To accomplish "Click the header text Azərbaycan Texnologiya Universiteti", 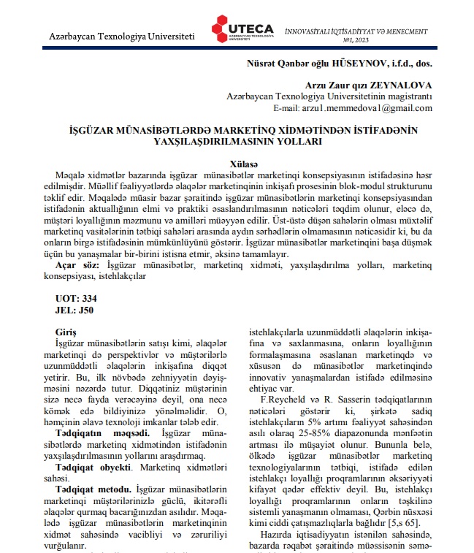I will point(122,36).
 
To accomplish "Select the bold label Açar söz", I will point(80,264).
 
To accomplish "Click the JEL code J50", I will point(86,310).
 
